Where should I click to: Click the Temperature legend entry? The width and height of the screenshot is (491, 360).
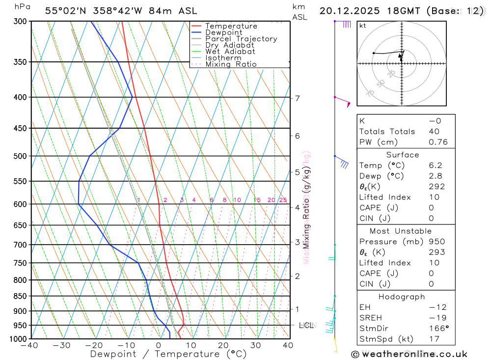click(x=231, y=26)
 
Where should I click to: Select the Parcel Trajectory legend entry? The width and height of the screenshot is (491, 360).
click(x=241, y=39)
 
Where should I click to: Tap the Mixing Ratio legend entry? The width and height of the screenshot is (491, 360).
click(x=231, y=64)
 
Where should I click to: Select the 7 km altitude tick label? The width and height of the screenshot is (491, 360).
click(x=297, y=98)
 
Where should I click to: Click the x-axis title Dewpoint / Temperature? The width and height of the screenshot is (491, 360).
click(x=168, y=354)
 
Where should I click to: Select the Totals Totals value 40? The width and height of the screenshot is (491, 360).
click(x=434, y=132)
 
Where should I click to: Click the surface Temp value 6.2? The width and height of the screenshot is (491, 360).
click(x=435, y=166)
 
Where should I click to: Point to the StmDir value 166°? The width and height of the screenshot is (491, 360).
click(x=437, y=328)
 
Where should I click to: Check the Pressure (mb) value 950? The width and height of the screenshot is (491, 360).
click(x=436, y=242)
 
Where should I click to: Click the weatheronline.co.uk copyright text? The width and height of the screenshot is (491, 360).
click(x=409, y=354)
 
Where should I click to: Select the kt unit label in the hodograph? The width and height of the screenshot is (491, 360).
click(x=363, y=26)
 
